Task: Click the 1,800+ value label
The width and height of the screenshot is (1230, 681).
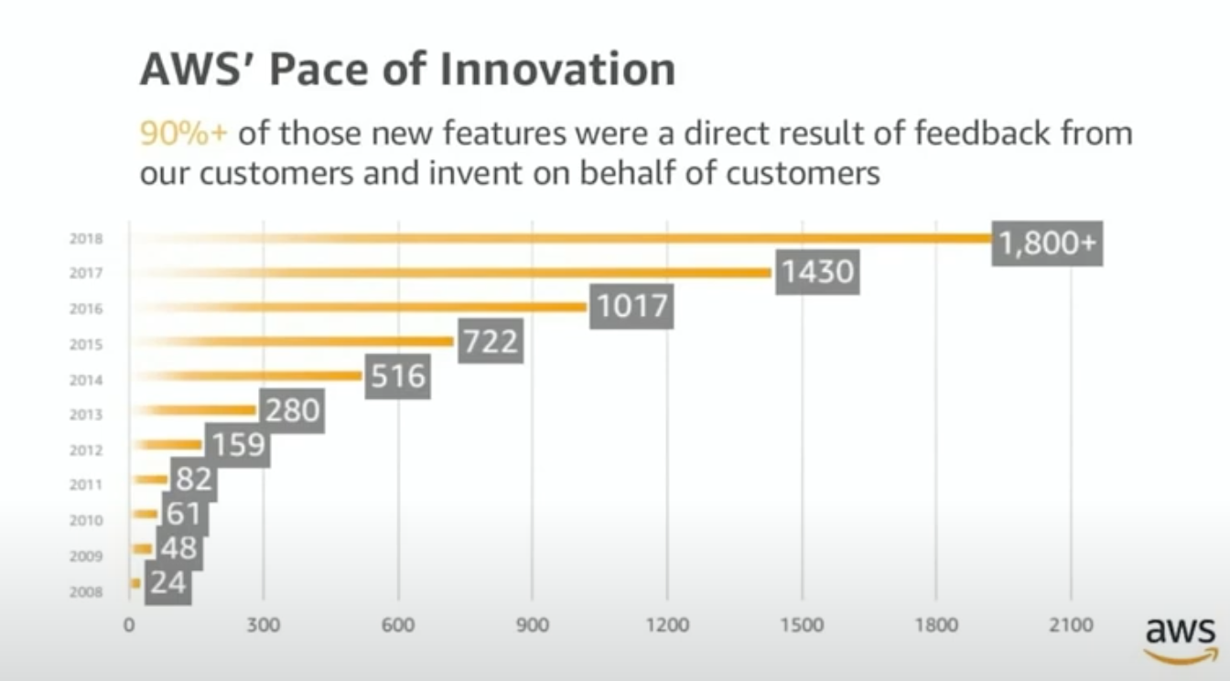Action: [1047, 243]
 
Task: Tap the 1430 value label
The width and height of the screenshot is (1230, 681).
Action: [816, 271]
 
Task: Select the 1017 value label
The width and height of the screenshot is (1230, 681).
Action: [631, 306]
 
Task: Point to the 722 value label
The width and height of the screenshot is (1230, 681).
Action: [490, 341]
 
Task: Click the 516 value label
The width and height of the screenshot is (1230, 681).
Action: [398, 376]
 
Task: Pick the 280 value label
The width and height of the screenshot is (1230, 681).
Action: [292, 411]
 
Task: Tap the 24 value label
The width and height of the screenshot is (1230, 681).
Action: [168, 581]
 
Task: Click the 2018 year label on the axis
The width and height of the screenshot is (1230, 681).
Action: [86, 239]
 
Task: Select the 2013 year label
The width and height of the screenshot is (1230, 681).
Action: [86, 415]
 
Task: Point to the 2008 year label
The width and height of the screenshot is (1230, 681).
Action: [86, 591]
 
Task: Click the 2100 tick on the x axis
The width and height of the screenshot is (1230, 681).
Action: [1071, 626]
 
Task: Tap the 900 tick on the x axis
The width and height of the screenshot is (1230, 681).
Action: [533, 626]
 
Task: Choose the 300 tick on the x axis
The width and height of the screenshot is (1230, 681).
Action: [264, 626]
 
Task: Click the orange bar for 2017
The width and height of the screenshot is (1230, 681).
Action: [549, 273]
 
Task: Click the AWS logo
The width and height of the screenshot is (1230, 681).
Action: [1181, 637]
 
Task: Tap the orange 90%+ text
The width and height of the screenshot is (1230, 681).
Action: [182, 134]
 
